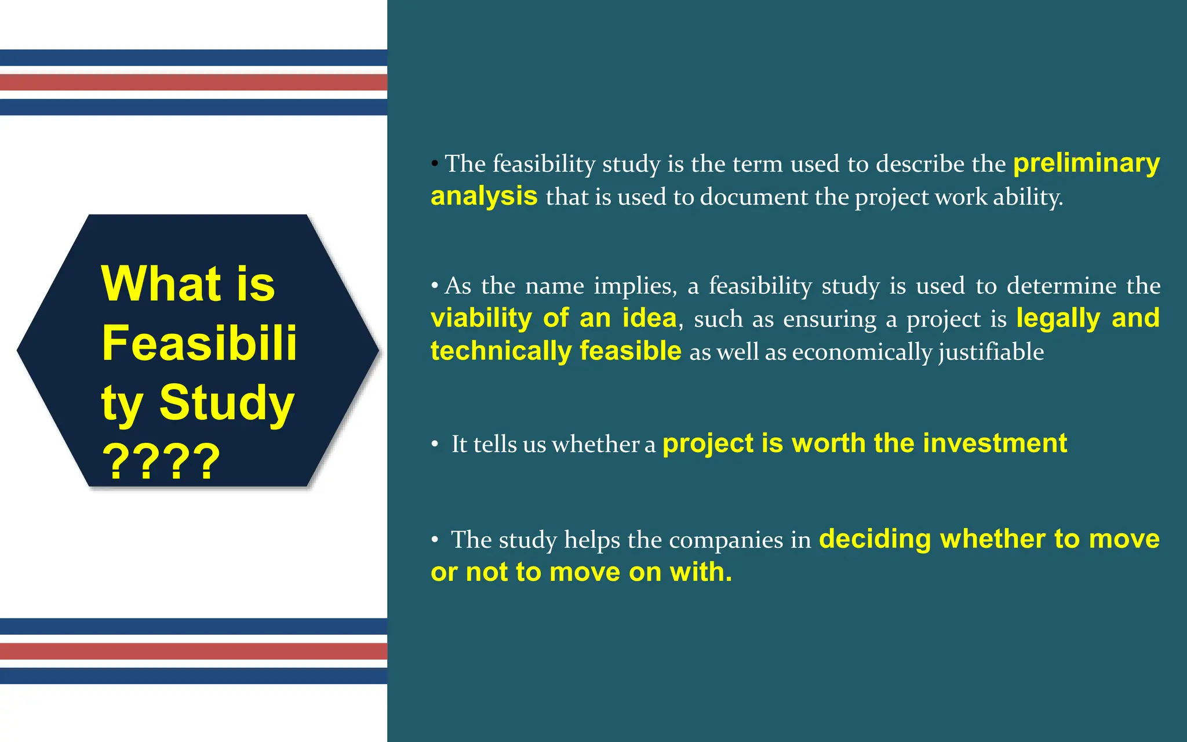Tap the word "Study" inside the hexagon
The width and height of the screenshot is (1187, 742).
pyautogui.click(x=227, y=402)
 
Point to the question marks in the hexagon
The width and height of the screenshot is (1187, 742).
pyautogui.click(x=161, y=462)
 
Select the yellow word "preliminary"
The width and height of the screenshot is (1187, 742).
pyautogui.click(x=1086, y=163)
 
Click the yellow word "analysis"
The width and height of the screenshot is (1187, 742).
pyautogui.click(x=484, y=196)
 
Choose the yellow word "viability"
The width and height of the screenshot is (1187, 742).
pyautogui.click(x=481, y=318)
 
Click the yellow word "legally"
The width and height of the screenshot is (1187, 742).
pyautogui.click(x=1058, y=318)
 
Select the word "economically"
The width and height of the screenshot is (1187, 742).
pyautogui.click(x=861, y=352)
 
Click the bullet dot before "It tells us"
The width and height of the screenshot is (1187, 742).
pyautogui.click(x=435, y=444)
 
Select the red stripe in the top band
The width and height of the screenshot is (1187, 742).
pyautogui.click(x=194, y=82)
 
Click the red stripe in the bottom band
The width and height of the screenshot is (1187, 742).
pyautogui.click(x=194, y=651)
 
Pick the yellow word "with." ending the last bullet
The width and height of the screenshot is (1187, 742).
pyautogui.click(x=701, y=572)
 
